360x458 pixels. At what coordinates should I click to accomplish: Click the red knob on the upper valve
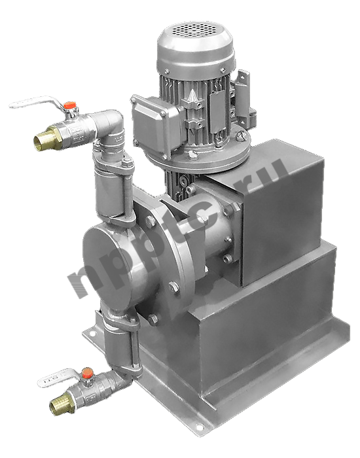[70, 105]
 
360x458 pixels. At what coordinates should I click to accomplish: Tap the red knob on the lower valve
[87, 373]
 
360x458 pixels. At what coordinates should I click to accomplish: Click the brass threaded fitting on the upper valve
[46, 138]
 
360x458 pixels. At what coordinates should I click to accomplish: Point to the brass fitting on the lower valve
[62, 403]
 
